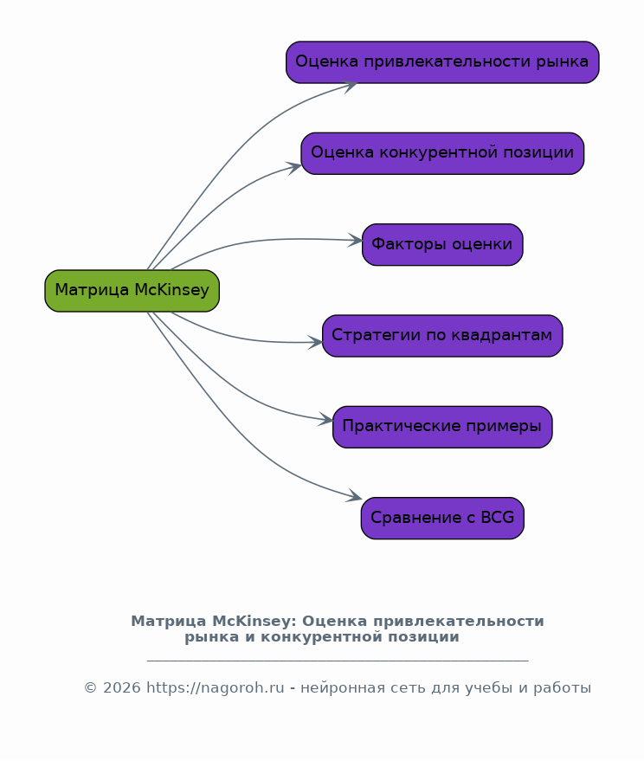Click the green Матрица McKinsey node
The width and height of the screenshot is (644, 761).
(132, 291)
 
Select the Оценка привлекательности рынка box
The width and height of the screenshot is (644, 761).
(442, 62)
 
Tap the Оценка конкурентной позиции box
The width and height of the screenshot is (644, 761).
(442, 153)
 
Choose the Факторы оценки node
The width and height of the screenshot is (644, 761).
(442, 244)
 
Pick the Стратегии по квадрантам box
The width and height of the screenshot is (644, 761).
(442, 336)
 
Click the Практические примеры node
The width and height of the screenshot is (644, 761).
(442, 427)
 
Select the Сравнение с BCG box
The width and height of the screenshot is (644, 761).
(442, 518)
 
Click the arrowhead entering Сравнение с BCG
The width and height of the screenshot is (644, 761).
(355, 498)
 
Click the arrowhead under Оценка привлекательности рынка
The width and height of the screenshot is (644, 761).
(350, 85)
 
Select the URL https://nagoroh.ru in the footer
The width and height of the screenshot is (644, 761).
(216, 688)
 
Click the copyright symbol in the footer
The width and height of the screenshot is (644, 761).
(90, 688)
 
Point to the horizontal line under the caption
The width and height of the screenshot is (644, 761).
(338, 661)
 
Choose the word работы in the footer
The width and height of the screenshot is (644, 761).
(564, 688)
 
